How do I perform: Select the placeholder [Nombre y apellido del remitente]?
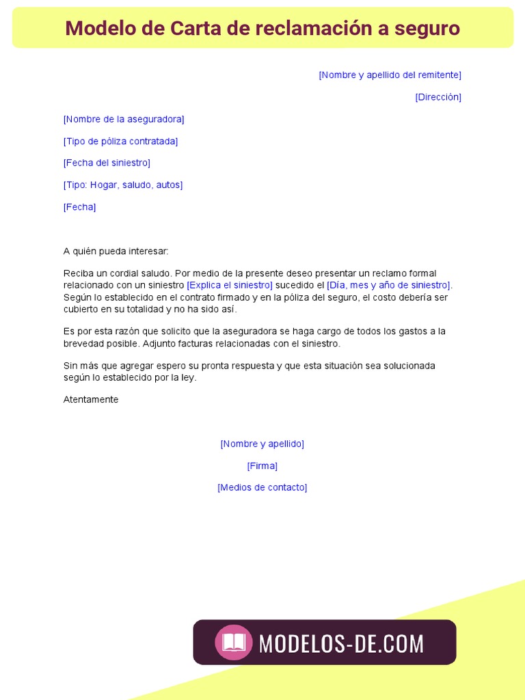coord(390,75)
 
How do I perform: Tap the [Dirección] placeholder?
coord(438,97)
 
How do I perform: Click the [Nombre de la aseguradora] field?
coord(124,119)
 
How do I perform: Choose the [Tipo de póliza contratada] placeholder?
coord(120,142)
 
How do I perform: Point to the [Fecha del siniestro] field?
coord(107,163)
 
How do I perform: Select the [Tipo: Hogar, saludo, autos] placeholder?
coord(123,185)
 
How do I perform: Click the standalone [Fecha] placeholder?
coord(79,207)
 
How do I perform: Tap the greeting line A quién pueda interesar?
coord(116,252)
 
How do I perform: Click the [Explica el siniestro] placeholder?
coord(230,285)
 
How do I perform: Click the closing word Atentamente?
coord(91,399)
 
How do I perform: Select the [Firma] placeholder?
coord(262,466)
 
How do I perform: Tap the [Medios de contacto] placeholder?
coord(262,487)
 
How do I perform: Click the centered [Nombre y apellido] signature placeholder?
coord(262,444)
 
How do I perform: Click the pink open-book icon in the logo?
coord(234,643)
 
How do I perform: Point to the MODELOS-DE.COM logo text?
coord(341,643)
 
